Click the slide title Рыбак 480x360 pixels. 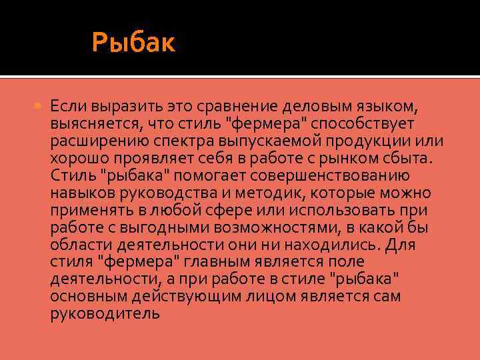pos(133,43)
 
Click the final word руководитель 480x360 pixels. pos(105,314)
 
